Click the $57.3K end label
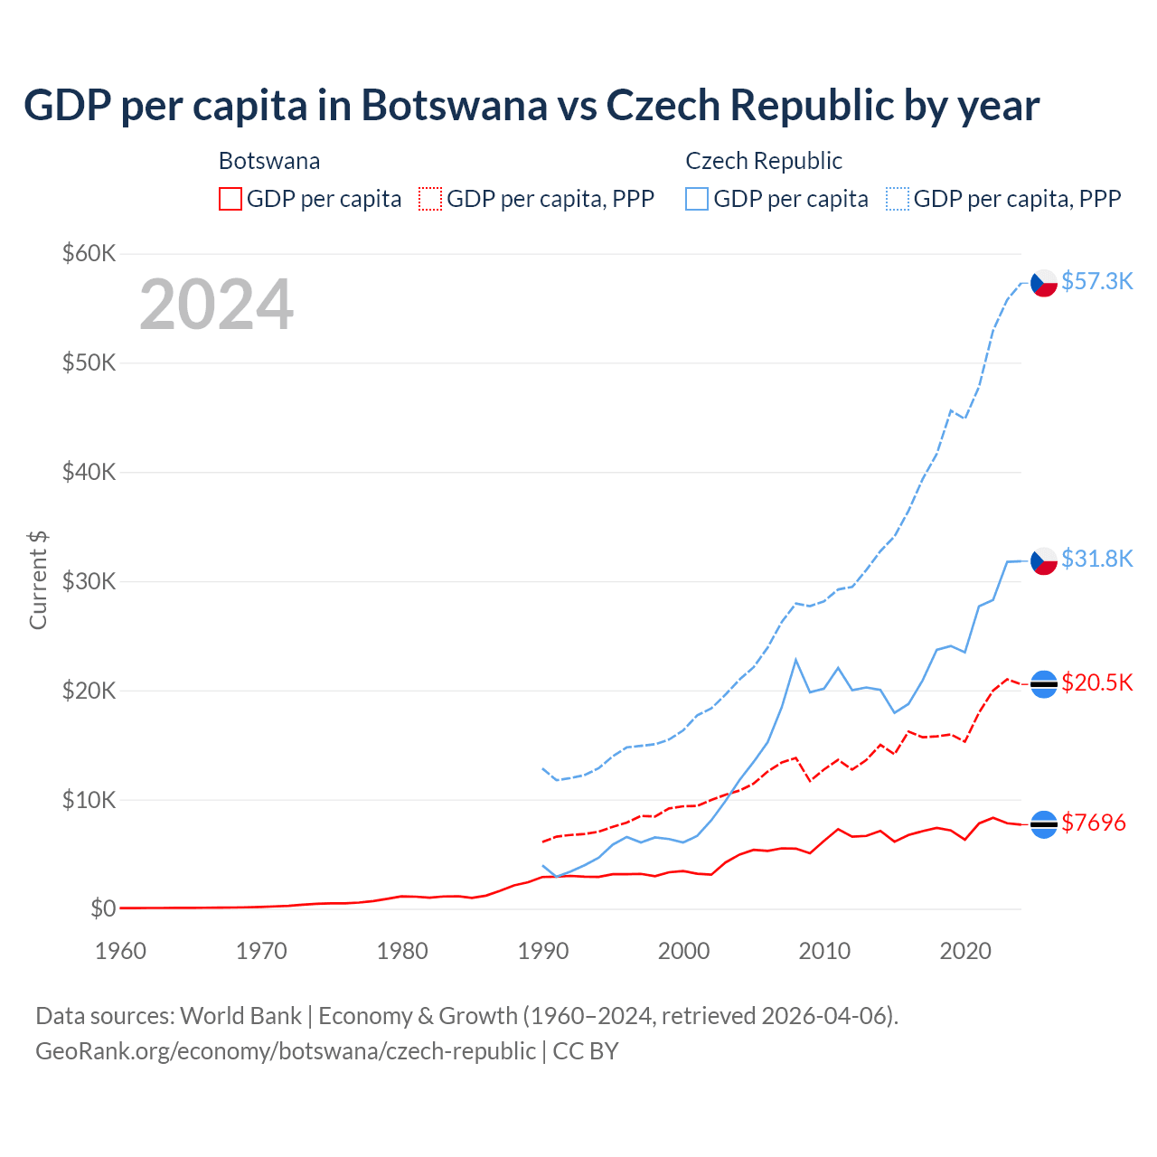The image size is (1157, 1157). click(x=1096, y=281)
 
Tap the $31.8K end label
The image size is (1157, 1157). click(x=1096, y=559)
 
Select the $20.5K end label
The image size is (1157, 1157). click(x=1096, y=682)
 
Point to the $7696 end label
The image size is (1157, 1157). click(x=1093, y=823)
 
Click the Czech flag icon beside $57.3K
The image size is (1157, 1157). click(x=1044, y=283)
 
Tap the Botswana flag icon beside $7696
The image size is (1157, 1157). click(x=1044, y=824)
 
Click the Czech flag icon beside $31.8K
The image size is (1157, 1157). click(x=1044, y=560)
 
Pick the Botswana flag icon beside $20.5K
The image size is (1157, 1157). click(x=1044, y=684)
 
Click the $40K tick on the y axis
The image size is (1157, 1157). click(x=89, y=472)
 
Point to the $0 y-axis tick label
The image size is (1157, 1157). click(x=103, y=908)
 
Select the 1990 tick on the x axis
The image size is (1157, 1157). click(x=542, y=951)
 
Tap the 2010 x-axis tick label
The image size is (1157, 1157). click(x=824, y=951)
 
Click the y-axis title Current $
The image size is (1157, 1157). click(x=38, y=580)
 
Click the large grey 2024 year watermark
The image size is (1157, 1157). click(x=216, y=305)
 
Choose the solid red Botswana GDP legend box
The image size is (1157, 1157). click(x=230, y=199)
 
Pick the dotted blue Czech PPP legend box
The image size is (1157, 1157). click(x=898, y=199)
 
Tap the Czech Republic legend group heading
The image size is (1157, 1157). click(x=764, y=161)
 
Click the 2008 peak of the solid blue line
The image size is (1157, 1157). click(x=795, y=660)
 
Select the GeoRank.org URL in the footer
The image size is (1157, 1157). click(x=285, y=1051)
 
